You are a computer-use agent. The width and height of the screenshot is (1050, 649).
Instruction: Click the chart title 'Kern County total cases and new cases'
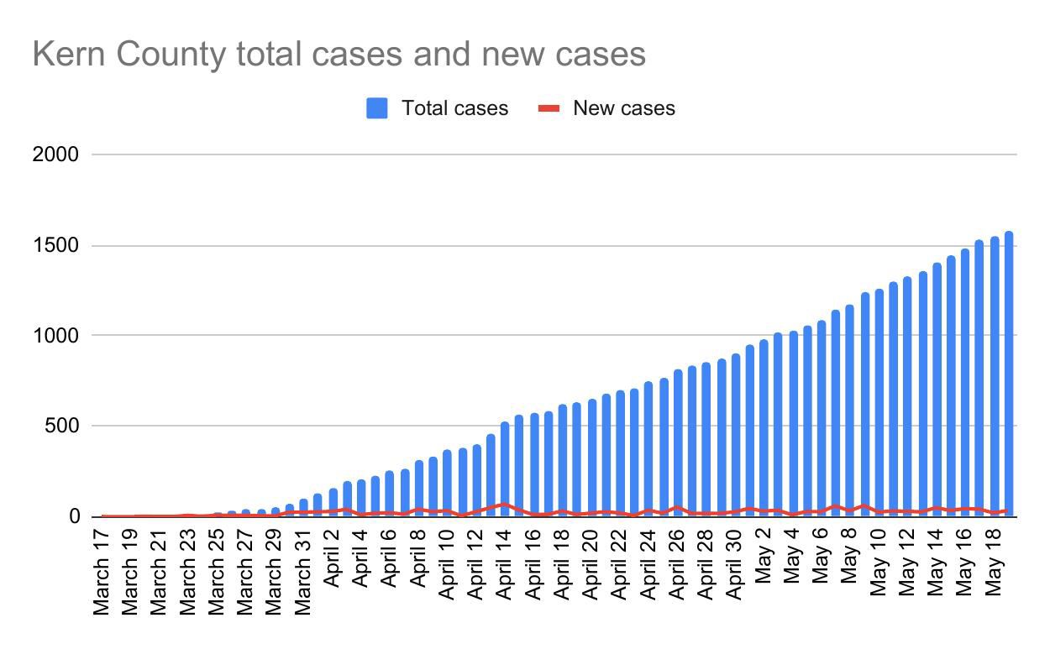[x=339, y=54]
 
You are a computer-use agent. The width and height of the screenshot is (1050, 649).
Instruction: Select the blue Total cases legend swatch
[x=377, y=108]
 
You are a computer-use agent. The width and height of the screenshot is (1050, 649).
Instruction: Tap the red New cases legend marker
[x=549, y=108]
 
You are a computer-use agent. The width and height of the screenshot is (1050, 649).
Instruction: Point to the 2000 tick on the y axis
[x=55, y=154]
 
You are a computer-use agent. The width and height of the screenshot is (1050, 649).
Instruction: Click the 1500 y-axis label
[x=55, y=246]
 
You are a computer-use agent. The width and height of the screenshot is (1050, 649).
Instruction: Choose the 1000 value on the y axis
[x=55, y=336]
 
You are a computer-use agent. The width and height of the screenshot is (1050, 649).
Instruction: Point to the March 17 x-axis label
[x=102, y=570]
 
